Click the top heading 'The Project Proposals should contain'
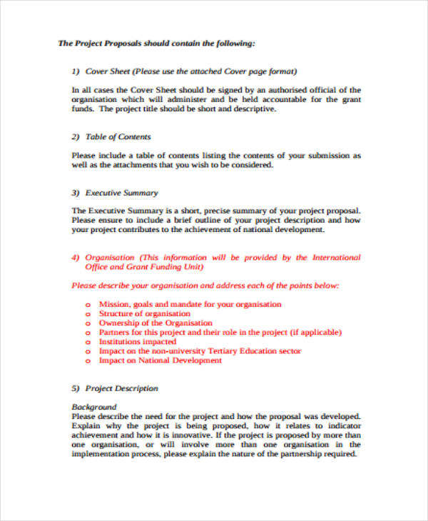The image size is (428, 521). (156, 44)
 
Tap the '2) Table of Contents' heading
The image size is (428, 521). (111, 136)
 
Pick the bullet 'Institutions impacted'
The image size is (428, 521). (137, 342)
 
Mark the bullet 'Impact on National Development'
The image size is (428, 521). (160, 360)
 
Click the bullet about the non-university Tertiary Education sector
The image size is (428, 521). (200, 351)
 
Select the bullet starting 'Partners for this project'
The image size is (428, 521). (220, 332)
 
